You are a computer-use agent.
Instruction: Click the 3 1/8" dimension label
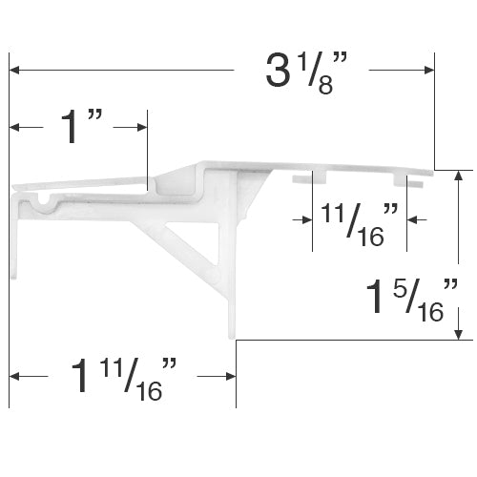tap(307, 73)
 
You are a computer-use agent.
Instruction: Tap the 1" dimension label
tap(82, 127)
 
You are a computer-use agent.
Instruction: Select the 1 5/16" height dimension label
tap(412, 301)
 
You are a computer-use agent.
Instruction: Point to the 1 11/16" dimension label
tap(123, 379)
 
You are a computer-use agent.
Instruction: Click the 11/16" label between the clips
tap(360, 225)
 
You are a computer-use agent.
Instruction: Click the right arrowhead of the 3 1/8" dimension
tap(429, 70)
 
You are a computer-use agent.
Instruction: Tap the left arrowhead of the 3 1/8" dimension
tap(14, 70)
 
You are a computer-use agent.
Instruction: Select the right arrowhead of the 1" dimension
tap(142, 128)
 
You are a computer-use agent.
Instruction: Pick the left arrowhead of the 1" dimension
tap(14, 128)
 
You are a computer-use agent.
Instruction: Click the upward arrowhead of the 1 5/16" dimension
tap(458, 176)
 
